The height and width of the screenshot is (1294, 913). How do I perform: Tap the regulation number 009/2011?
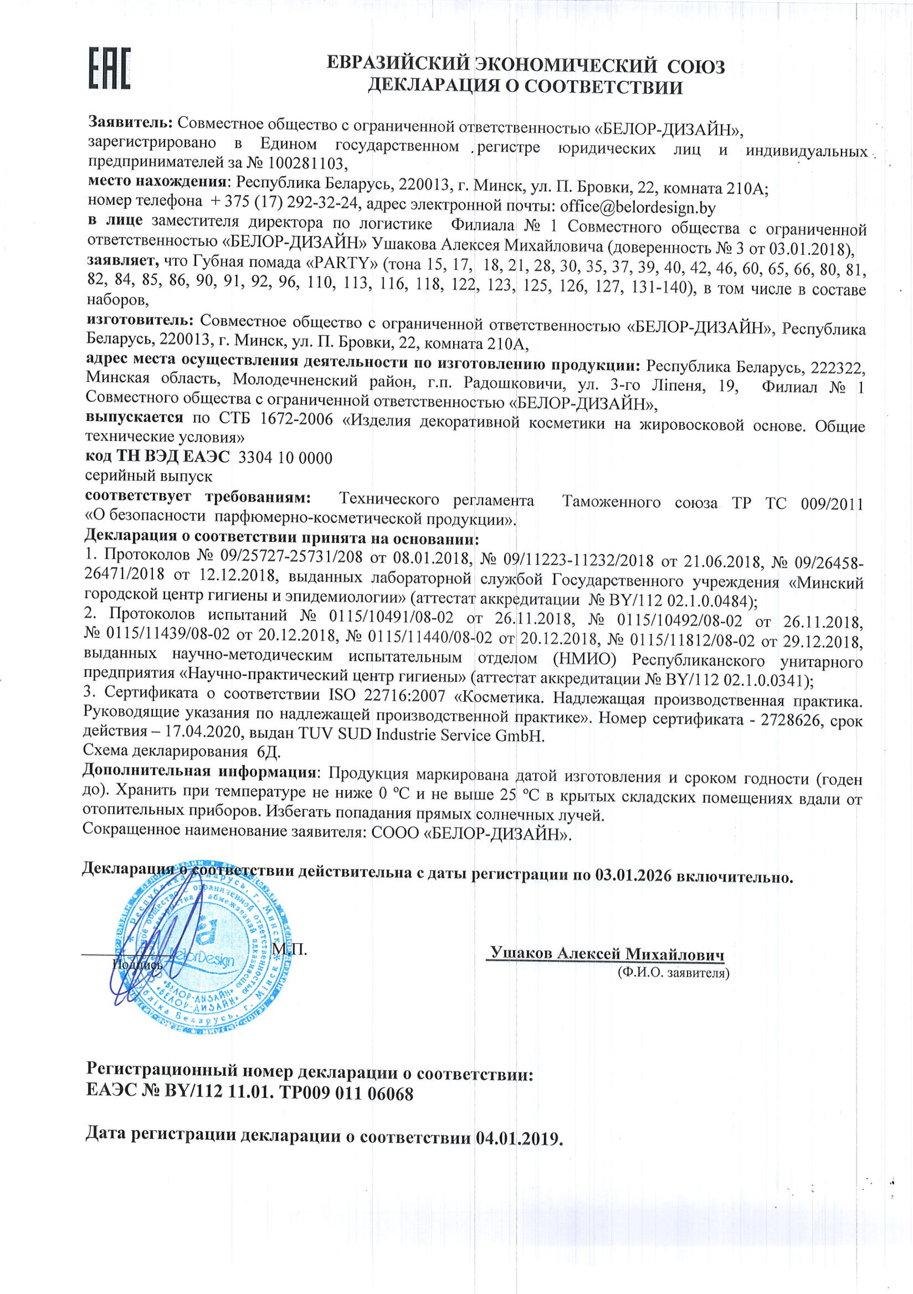pyautogui.click(x=832, y=503)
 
